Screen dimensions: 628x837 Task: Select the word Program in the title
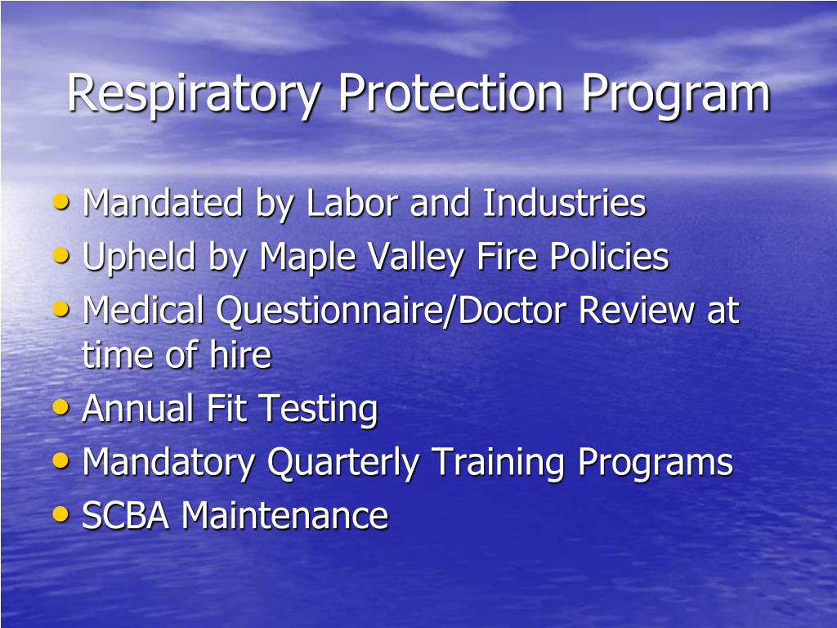click(676, 95)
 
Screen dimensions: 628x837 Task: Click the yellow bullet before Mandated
click(61, 202)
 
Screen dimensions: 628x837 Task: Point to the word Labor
click(354, 204)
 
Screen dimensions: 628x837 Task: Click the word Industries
click(564, 204)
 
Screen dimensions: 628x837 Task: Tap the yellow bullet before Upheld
click(61, 256)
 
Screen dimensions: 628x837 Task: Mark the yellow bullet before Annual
click(61, 407)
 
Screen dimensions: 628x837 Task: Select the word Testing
click(318, 410)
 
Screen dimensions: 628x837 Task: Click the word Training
click(499, 464)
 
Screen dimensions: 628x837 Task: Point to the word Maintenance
click(284, 516)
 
